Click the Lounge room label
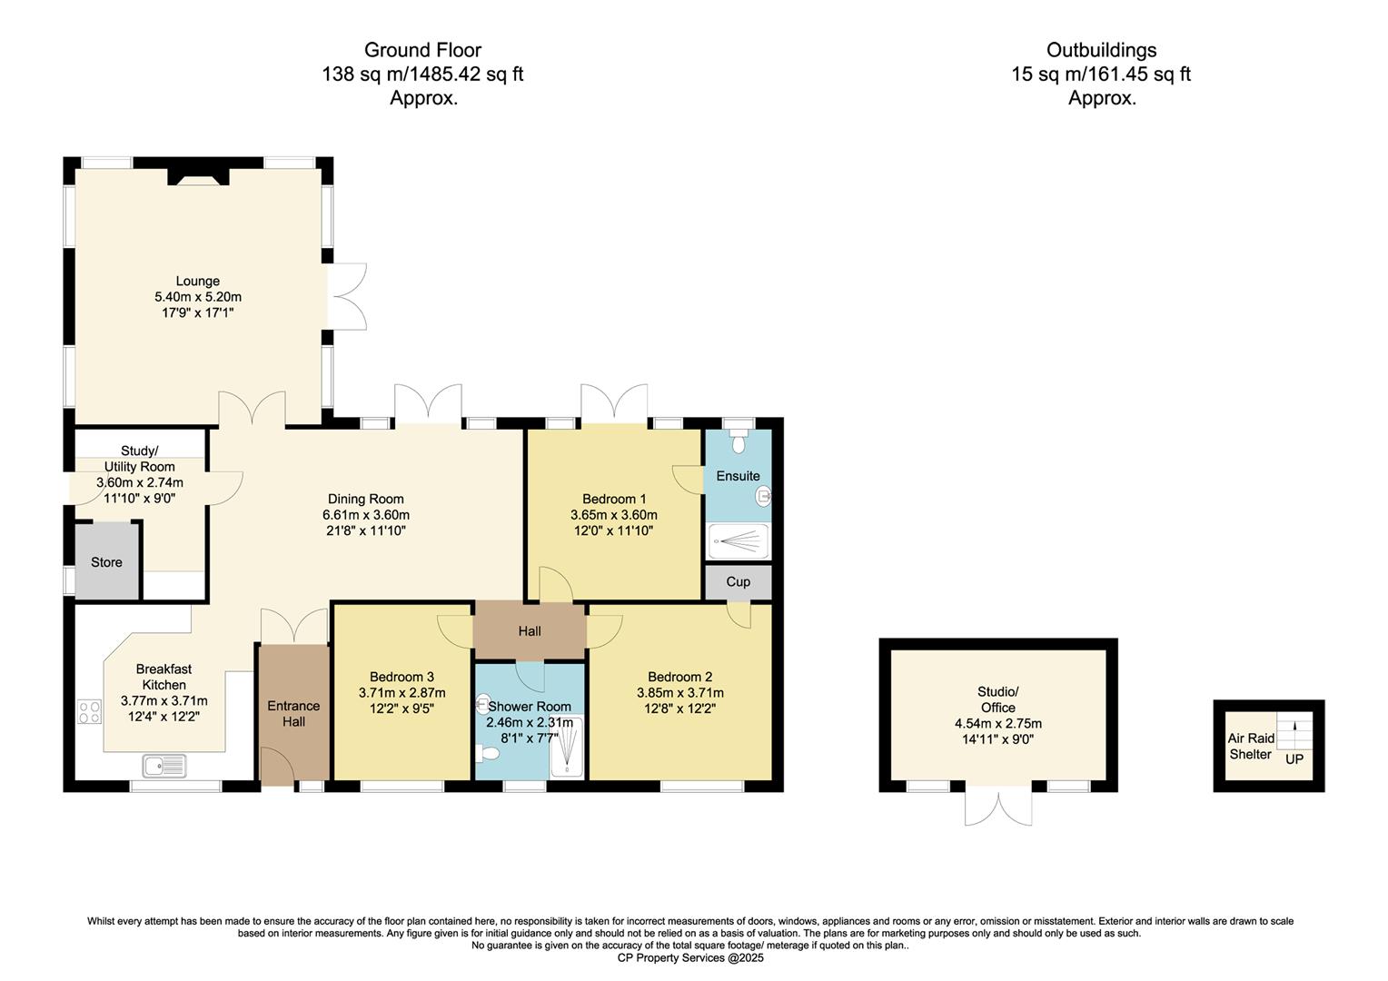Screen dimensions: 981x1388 point(198,282)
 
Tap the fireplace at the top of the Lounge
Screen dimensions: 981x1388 point(196,178)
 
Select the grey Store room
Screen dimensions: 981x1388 point(106,562)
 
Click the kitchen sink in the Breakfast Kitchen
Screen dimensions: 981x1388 point(164,766)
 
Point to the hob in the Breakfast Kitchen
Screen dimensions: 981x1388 point(89,711)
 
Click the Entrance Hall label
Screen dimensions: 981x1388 point(293,714)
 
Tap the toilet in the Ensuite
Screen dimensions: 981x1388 point(739,441)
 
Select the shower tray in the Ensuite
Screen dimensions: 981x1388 point(738,541)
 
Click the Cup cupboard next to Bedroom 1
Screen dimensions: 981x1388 point(738,581)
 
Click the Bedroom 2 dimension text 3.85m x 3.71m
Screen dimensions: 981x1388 point(679,693)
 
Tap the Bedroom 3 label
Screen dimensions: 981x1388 point(402,677)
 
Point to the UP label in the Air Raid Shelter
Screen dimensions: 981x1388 point(1294,759)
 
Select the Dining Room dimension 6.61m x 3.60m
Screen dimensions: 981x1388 point(366,515)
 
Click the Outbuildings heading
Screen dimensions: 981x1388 point(1101,50)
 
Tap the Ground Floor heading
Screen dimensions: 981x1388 point(422,50)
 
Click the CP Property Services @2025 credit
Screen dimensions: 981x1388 point(690,958)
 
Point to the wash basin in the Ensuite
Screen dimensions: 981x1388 point(763,496)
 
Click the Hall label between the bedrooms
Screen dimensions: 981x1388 point(530,631)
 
